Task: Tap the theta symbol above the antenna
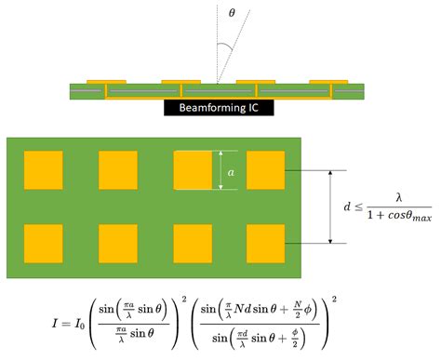coord(233,12)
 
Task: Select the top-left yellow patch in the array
coord(44,170)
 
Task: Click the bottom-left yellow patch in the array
coord(44,243)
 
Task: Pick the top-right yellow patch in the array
coord(265,170)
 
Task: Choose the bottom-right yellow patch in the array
coord(265,243)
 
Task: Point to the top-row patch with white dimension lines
coord(193,170)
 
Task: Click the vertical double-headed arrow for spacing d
coord(330,207)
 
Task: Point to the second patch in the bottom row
coord(118,243)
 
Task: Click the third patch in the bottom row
coord(193,243)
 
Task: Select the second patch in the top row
coord(118,170)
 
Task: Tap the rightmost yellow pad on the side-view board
coord(327,81)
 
